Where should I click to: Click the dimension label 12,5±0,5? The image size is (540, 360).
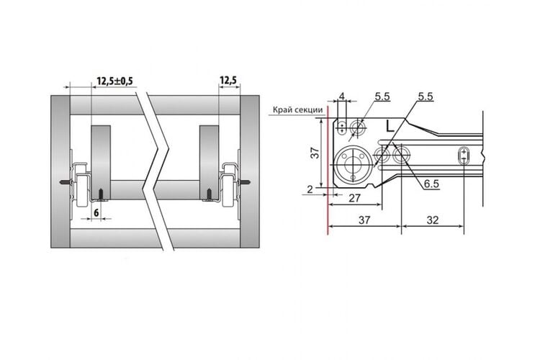click(114, 81)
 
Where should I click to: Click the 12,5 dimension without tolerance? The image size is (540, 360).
click(228, 81)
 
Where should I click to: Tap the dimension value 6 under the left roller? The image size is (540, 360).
click(96, 212)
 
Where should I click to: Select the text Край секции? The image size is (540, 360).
click(298, 109)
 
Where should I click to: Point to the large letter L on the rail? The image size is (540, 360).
click(390, 126)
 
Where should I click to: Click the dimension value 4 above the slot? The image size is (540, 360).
click(341, 96)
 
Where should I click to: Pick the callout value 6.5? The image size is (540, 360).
click(431, 184)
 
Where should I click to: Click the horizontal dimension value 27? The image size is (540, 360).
click(354, 198)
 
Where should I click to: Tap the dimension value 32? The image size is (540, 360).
click(433, 220)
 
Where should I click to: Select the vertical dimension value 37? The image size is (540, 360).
click(315, 153)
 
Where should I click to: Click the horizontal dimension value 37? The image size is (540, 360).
click(364, 220)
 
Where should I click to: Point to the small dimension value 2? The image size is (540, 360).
click(310, 189)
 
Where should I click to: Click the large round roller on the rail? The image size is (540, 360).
click(353, 165)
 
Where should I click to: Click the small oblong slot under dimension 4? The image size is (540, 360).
click(341, 127)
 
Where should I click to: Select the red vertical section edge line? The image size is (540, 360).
click(328, 170)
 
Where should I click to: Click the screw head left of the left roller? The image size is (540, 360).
click(65, 182)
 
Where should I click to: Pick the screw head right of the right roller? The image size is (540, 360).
click(246, 182)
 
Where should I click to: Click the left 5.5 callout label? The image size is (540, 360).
click(382, 96)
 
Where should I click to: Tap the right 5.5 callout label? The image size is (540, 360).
click(426, 96)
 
